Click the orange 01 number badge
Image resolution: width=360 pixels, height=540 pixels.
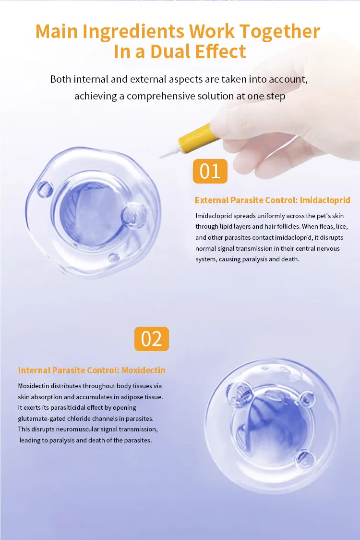pos(210,172)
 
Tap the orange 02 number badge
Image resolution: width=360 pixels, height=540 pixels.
pos(152,339)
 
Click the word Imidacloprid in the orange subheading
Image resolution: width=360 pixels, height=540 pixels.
pos(326,200)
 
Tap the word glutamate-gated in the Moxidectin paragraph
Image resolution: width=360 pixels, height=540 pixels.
pos(42,418)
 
